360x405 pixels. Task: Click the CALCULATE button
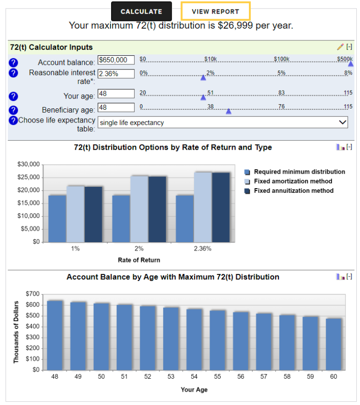point(141,11)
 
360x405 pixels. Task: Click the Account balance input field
point(116,60)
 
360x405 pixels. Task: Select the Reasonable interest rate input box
point(116,74)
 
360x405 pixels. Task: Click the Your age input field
point(116,94)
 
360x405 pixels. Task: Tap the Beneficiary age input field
point(116,107)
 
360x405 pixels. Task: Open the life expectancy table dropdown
point(223,122)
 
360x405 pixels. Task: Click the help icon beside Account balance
point(13,62)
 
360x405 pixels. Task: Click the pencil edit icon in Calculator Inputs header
point(340,47)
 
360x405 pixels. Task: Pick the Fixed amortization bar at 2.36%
point(203,207)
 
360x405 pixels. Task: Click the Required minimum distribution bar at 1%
point(57,219)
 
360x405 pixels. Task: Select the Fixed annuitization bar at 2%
point(157,209)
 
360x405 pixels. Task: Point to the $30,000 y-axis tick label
point(28,164)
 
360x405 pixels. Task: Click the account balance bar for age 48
point(55,335)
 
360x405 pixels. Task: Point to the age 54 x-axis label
point(194,377)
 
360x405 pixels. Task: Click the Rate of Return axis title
point(139,260)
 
